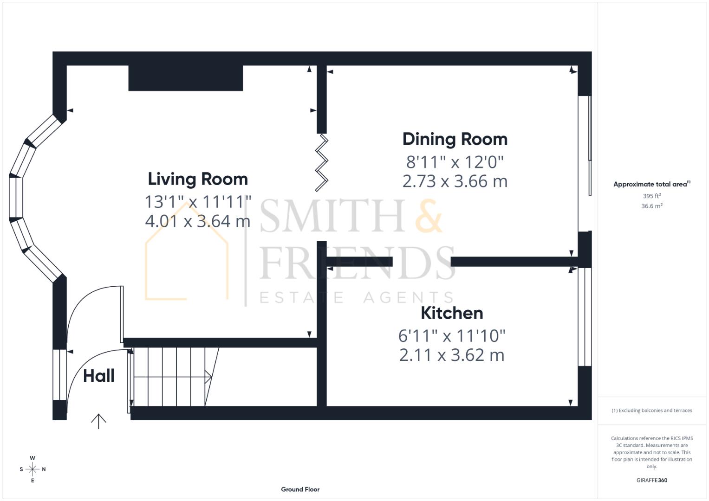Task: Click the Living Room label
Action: point(198,179)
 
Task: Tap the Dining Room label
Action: point(455,139)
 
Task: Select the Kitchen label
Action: point(452,313)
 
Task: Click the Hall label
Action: point(98,376)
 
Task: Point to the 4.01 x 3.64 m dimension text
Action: point(198,221)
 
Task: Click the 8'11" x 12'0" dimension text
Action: point(455,162)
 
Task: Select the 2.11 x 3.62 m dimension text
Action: point(452,355)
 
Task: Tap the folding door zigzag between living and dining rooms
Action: point(322,162)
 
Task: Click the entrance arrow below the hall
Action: point(98,421)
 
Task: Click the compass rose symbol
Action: point(33,469)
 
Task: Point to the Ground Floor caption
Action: point(300,489)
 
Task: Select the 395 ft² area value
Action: point(651,196)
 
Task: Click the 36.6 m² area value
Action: point(651,206)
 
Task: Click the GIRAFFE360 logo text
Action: point(651,480)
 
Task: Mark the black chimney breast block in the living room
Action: point(186,78)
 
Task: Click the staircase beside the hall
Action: point(172,377)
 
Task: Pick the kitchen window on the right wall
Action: point(584,317)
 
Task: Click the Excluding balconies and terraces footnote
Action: point(651,411)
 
